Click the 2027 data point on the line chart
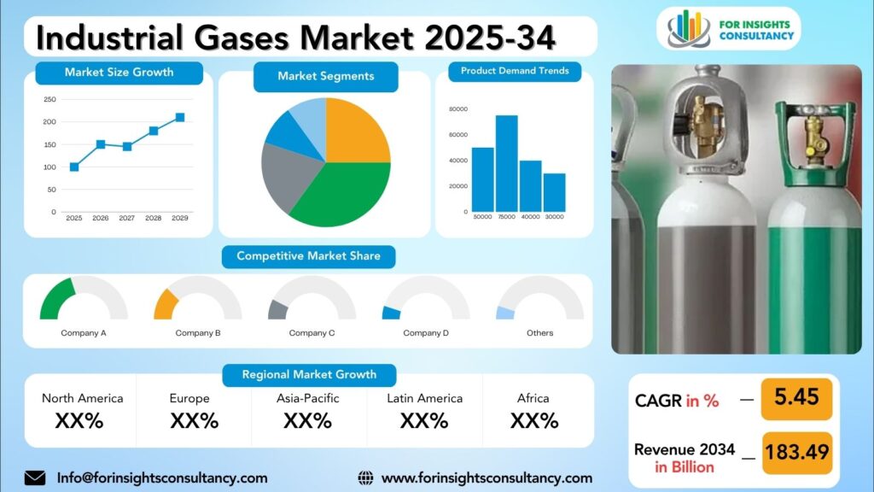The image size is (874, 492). click(127, 146)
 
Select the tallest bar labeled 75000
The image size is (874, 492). click(507, 163)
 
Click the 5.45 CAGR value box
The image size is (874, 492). click(796, 398)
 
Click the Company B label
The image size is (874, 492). click(198, 333)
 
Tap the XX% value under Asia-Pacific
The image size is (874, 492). click(307, 420)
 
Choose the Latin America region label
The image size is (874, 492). click(424, 398)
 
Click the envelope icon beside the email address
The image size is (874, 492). click(35, 477)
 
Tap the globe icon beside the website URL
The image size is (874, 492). click(365, 477)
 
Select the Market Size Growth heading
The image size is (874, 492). click(119, 73)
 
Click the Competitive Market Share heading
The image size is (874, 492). click(308, 256)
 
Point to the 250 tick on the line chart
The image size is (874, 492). click(50, 100)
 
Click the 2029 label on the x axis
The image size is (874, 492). click(179, 219)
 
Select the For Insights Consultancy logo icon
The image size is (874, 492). click(689, 29)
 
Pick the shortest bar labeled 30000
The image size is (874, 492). click(554, 192)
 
